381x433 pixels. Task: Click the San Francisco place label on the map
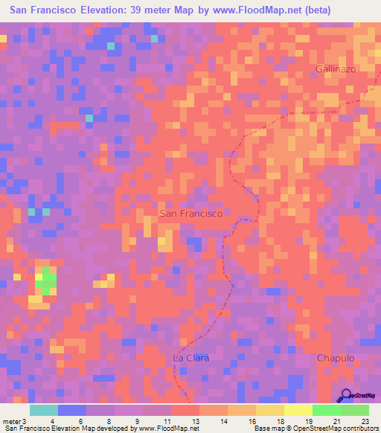[191, 214]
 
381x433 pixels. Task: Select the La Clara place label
[191, 358]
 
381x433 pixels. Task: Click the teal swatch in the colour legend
[44, 410]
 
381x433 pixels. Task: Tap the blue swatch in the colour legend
[72, 410]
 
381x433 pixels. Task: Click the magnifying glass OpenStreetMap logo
[347, 397]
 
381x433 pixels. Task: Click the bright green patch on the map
[48, 280]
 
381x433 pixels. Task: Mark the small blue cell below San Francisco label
[194, 243]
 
